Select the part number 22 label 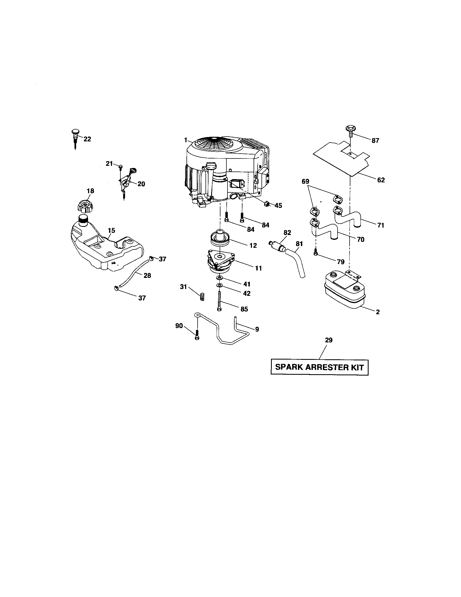(x=87, y=139)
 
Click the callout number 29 (x=329, y=340)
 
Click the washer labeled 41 (x=219, y=278)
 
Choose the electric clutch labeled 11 (x=220, y=262)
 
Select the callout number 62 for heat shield (x=381, y=180)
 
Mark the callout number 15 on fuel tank (x=111, y=230)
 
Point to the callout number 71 (x=381, y=226)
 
